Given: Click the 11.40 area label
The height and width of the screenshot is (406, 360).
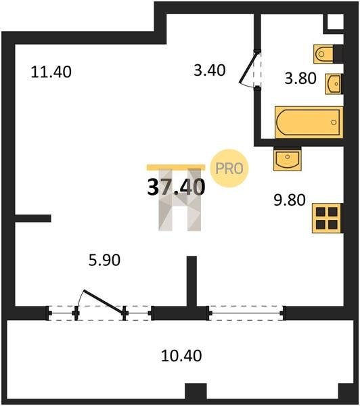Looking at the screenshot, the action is coord(51,72).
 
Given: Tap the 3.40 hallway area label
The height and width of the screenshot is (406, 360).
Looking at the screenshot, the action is coord(210,70).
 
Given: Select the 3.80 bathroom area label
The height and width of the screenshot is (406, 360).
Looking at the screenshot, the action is coord(300,78).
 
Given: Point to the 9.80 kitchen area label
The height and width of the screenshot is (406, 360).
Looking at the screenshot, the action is coord(290,200).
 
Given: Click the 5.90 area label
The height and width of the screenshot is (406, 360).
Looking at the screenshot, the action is coord(104,260).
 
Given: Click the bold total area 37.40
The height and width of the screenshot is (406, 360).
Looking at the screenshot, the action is coord(176,187).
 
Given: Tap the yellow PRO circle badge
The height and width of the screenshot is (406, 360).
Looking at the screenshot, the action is coord(229,168).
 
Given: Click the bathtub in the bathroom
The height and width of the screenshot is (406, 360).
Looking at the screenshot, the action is coord(309,122).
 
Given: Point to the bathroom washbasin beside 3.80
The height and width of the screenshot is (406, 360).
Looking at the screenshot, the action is coord(334,84).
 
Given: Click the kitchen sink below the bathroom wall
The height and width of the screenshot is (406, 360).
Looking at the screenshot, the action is coord(288,159).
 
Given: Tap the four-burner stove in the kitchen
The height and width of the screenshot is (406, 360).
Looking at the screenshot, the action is coord(328,219).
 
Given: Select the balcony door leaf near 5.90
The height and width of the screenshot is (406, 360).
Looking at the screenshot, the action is coord(104,302).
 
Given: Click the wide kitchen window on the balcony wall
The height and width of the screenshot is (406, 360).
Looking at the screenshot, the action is coord(246,313).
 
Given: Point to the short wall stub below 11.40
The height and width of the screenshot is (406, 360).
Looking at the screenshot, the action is coord(33,219).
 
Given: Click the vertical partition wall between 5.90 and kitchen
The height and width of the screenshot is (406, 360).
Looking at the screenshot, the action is coord(192,281).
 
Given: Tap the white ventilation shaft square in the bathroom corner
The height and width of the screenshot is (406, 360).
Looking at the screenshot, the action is coord(336,22).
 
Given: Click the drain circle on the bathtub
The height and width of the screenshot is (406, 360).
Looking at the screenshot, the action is coord(334,122).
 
